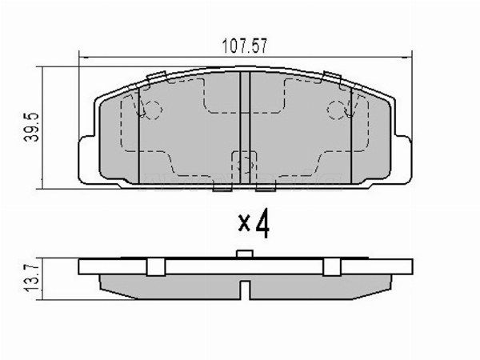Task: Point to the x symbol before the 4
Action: click(x=244, y=227)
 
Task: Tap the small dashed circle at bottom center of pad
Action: click(x=243, y=164)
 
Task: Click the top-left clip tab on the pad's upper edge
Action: click(x=157, y=77)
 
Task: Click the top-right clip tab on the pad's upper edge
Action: click(x=330, y=77)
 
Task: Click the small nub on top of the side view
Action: click(x=245, y=255)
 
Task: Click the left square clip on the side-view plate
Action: click(x=157, y=267)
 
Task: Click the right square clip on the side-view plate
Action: click(x=330, y=267)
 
